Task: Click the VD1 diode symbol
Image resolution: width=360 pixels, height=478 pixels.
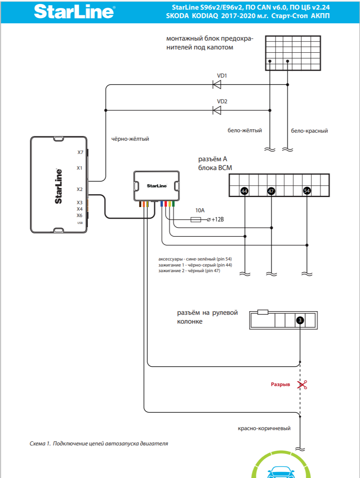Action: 217,85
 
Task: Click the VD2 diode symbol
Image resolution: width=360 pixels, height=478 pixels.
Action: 217,111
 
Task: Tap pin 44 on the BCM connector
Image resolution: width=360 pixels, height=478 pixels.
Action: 244,191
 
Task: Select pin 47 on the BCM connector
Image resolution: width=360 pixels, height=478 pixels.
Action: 271,191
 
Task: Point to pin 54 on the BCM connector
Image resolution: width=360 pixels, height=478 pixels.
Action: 307,191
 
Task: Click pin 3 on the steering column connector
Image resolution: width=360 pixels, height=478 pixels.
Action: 300,320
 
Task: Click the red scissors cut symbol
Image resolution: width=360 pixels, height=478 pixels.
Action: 302,385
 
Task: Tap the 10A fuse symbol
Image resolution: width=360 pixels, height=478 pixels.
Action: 196,220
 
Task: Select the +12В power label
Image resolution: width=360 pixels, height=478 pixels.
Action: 217,220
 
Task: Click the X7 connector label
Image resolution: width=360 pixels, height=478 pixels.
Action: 80,152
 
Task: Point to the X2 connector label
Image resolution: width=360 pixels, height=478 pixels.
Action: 80,189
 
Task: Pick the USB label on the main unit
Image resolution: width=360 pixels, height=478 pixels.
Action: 80,223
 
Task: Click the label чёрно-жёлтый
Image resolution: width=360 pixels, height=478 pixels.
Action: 130,139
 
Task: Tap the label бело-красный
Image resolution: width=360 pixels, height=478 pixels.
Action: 309,131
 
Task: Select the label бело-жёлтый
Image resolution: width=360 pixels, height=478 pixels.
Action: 245,131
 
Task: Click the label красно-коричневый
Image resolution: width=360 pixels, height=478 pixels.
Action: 264,428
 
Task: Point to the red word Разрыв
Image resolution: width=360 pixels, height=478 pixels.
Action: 280,384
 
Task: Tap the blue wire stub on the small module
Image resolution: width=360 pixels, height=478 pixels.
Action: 162,204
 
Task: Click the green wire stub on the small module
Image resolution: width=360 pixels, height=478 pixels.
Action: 173,204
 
